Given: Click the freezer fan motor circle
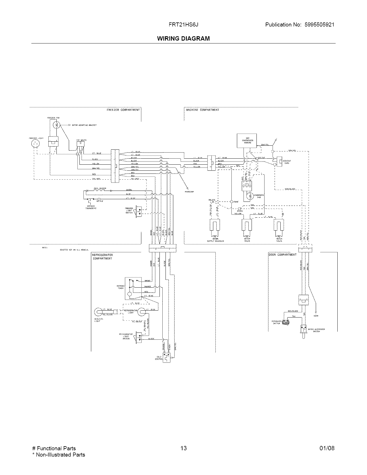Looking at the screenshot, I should point(57,125).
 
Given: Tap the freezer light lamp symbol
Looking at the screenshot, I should point(35,143).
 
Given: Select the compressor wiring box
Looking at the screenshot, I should point(244,141).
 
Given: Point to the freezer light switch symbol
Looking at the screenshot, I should point(139,211).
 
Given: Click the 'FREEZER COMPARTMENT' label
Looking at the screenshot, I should point(123,110).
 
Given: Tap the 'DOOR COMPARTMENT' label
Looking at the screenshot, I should point(283,255).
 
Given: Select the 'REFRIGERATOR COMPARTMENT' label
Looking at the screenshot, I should point(102,257).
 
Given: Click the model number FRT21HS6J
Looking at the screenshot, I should point(183,25).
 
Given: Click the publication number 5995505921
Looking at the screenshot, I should point(318,25).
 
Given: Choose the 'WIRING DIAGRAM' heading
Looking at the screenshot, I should point(183,38).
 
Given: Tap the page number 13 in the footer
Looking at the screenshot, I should point(183,448).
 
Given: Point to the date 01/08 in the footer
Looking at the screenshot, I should point(327,448).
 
